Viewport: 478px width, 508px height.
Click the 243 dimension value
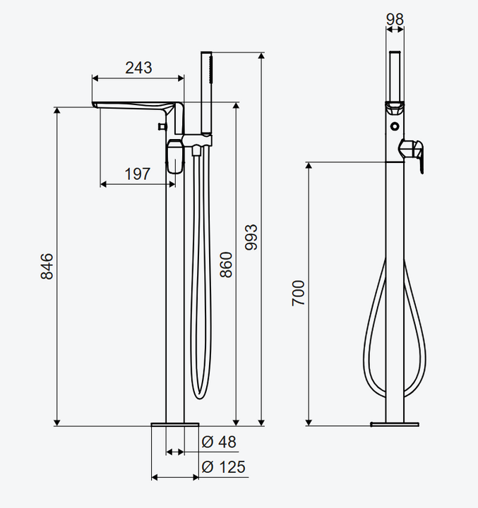[x=138, y=68]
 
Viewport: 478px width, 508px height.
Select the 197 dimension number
[x=138, y=174]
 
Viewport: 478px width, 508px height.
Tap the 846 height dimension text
[x=47, y=266]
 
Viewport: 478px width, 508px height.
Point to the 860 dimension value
[x=226, y=265]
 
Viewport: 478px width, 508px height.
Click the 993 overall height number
[x=251, y=237]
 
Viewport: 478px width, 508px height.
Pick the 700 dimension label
[x=298, y=294]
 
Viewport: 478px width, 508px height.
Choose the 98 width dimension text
[x=395, y=20]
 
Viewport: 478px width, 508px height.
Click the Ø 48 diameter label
[x=219, y=442]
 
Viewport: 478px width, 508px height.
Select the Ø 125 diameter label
[x=223, y=467]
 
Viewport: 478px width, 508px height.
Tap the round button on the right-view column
[x=395, y=126]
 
